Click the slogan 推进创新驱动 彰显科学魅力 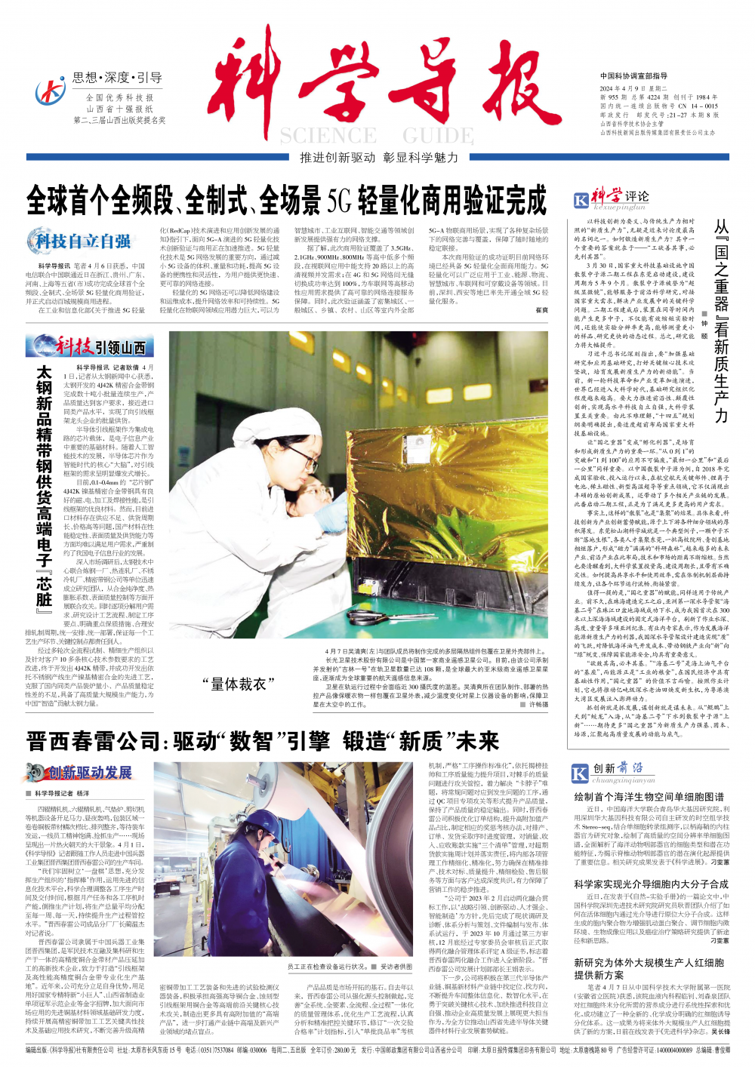[x=379, y=158]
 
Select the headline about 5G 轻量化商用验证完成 [x=287, y=200]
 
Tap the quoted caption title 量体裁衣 [x=235, y=684]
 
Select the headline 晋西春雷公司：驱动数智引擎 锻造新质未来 [x=263, y=741]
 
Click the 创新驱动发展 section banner [x=79, y=772]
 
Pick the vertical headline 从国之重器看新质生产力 [x=722, y=321]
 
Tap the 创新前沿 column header [x=611, y=771]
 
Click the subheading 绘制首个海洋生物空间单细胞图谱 [x=649, y=797]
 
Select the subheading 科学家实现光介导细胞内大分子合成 [x=651, y=884]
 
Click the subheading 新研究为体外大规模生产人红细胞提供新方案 [x=649, y=969]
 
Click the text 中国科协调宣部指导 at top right [x=633, y=76]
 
